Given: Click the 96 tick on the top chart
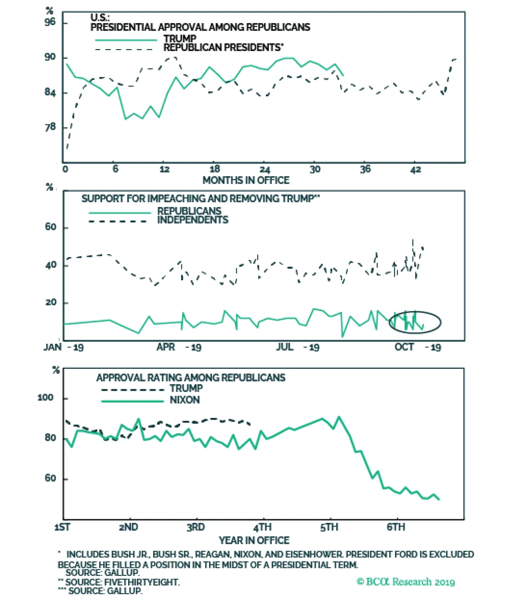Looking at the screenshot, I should tap(50, 22).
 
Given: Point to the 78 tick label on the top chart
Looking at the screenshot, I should tap(50, 127).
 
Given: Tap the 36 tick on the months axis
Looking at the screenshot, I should tap(365, 169).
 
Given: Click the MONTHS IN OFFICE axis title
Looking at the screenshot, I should tap(246, 180).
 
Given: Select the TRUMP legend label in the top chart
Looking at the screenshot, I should tap(180, 39).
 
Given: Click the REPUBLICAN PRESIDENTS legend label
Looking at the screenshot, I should tap(223, 48).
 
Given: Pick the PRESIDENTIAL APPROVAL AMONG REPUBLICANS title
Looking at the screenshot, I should tap(200, 27).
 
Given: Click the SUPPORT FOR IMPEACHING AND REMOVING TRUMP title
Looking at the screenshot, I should tap(200, 199).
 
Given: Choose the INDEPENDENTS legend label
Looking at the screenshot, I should tap(193, 220).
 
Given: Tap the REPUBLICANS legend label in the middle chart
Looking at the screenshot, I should tap(189, 211).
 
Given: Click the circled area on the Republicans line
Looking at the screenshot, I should tap(415, 322).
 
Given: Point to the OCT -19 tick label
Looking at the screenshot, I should tap(417, 347).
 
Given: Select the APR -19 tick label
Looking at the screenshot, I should tap(179, 347).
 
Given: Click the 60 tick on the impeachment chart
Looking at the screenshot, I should tap(51, 227).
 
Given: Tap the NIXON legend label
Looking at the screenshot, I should tap(184, 400).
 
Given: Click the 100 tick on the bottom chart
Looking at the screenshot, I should tap(45, 398).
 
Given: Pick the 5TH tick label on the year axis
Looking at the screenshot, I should tap(329, 527).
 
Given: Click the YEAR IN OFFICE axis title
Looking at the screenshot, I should tap(254, 540).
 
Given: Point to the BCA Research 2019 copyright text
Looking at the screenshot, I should tap(405, 582).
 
